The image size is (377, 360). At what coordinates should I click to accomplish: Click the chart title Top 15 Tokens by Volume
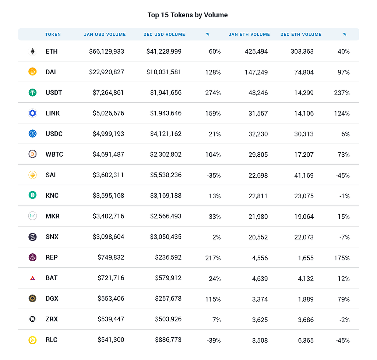[x=187, y=15]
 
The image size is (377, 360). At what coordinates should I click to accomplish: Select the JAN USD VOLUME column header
[x=105, y=35]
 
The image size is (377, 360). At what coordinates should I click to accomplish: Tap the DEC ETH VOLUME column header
[x=301, y=35]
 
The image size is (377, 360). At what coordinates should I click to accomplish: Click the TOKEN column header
[x=53, y=35]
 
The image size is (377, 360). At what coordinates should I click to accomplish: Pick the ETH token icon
[x=32, y=51]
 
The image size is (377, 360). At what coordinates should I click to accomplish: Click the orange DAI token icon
[x=32, y=72]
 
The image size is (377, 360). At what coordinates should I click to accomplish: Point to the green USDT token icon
[x=32, y=93]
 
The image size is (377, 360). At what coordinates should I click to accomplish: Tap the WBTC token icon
[x=32, y=154]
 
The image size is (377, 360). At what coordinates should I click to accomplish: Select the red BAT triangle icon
[x=32, y=278]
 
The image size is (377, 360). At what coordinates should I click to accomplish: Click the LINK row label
[x=53, y=113]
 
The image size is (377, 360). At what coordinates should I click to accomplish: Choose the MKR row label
[x=53, y=216]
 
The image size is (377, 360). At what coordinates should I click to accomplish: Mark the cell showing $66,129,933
[x=106, y=51]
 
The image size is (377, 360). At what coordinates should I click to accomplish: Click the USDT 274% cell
[x=213, y=93]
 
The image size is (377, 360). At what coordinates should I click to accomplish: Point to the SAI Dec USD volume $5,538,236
[x=166, y=175]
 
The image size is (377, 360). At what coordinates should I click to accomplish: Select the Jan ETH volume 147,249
[x=256, y=72]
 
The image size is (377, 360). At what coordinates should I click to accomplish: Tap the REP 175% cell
[x=342, y=257]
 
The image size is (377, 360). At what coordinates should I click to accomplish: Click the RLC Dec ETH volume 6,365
[x=306, y=340]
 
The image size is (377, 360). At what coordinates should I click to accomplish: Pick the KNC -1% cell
[x=344, y=196]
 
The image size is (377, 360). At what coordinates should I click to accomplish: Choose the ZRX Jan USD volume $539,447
[x=111, y=319]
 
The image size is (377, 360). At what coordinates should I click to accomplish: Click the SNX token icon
[x=32, y=237]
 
